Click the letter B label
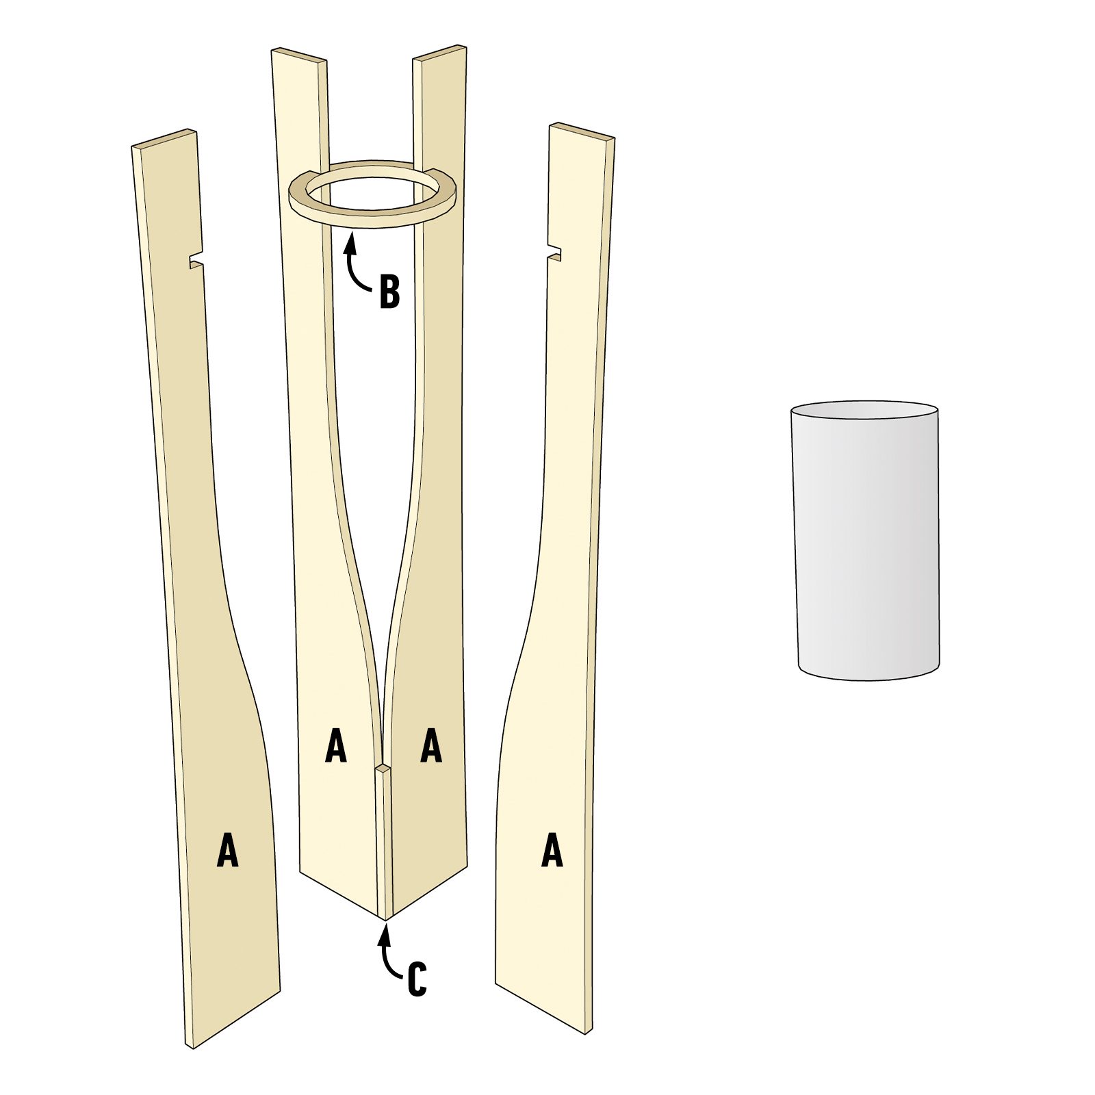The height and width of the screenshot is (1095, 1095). point(389,292)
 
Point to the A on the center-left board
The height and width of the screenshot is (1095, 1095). point(335,746)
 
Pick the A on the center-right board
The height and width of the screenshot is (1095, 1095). point(431,746)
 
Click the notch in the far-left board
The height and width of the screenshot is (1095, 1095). point(194,261)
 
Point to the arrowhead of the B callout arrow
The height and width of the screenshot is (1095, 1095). point(351,236)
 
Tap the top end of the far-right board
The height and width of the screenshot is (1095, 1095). point(582,131)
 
